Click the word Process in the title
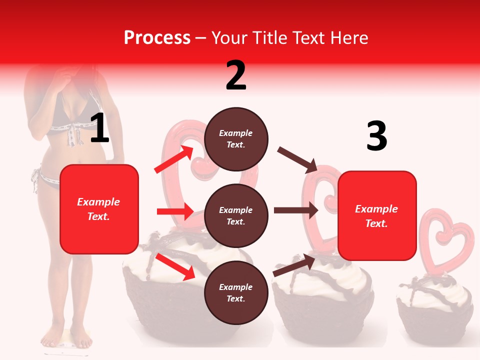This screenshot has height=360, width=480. [x=157, y=38]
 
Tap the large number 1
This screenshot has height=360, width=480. [x=99, y=128]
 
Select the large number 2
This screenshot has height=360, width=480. [x=236, y=75]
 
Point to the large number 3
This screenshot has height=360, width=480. [x=376, y=136]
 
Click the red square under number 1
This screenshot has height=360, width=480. [x=99, y=209]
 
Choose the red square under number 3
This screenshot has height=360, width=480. [x=377, y=215]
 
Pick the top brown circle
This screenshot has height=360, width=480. [x=236, y=139]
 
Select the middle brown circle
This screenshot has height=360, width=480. [x=236, y=215]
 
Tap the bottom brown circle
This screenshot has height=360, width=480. [x=236, y=292]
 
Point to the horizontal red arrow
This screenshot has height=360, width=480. [x=175, y=211]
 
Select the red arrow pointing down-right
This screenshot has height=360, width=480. [x=175, y=266]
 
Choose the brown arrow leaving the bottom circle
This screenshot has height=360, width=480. [x=294, y=265]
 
